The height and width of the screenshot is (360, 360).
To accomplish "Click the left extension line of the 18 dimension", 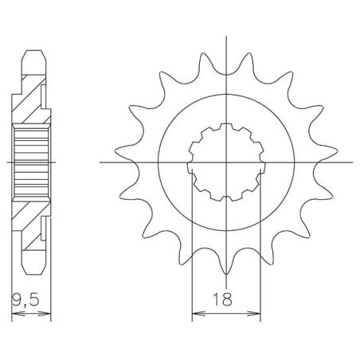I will (195, 239).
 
